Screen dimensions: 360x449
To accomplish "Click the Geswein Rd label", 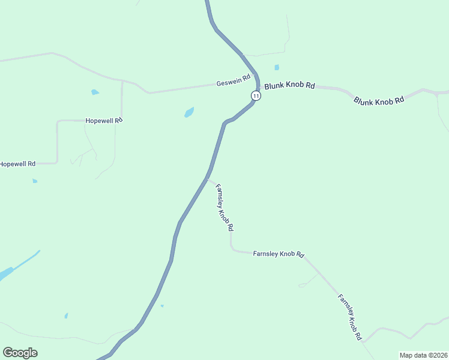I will (x=233, y=84).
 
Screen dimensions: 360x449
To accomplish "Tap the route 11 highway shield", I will (x=256, y=95).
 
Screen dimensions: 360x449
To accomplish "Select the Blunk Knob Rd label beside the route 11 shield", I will (x=289, y=86).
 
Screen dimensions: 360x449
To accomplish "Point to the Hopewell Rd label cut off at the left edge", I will (x=17, y=164).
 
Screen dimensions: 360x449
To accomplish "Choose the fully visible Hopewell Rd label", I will (x=104, y=120).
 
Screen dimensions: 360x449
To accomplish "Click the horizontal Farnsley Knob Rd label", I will (x=279, y=254).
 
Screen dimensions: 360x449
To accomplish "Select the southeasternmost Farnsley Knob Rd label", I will (x=349, y=317).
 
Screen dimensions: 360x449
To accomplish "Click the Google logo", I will (x=20, y=353).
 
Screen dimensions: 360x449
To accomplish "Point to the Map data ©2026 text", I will (x=423, y=355).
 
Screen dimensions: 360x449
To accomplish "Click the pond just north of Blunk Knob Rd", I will (x=277, y=67).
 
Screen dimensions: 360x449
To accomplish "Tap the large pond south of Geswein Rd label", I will (x=189, y=112).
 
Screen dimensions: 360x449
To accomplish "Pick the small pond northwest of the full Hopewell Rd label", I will (x=94, y=92).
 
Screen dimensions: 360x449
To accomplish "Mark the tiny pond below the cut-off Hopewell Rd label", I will (x=35, y=181).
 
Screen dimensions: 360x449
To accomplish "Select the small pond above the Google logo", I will (x=66, y=316).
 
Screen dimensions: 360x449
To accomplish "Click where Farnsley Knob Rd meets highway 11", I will (x=208, y=178).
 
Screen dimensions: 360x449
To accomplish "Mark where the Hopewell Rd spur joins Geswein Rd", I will (x=122, y=80).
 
